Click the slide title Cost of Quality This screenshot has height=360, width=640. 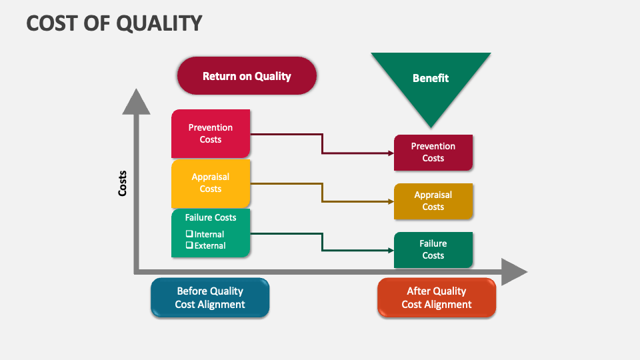click(x=114, y=23)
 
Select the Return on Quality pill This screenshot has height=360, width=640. click(x=247, y=76)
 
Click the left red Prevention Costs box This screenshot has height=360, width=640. click(x=211, y=133)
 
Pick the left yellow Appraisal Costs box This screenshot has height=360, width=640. click(x=211, y=183)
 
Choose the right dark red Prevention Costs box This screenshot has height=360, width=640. click(x=433, y=152)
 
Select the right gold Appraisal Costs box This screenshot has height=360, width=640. click(x=433, y=201)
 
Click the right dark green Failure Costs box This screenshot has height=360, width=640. click(x=433, y=249)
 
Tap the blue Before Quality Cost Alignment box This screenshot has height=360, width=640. click(x=210, y=297)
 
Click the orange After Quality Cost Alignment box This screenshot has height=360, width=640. click(x=437, y=297)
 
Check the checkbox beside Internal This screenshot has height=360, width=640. click(x=189, y=234)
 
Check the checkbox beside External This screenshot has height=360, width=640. click(x=189, y=245)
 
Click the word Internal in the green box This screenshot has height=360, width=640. click(x=209, y=234)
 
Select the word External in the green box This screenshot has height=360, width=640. click(x=210, y=245)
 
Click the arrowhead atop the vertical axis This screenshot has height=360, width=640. click(x=136, y=101)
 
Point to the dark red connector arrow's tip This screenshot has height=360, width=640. click(x=391, y=153)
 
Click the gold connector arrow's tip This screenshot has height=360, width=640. click(x=391, y=201)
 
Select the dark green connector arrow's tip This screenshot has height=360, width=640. click(x=391, y=250)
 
